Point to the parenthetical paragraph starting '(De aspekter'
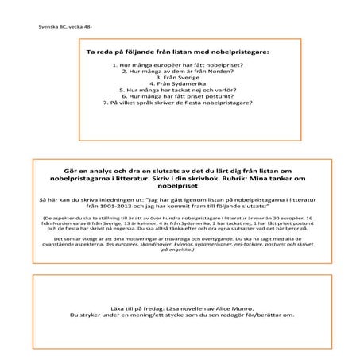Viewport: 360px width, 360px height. click(179, 222)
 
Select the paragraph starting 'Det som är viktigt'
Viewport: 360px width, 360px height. click(179, 241)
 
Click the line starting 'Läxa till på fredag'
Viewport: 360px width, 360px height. click(179, 305)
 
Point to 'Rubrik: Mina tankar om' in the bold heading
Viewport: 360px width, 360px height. click(262, 180)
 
